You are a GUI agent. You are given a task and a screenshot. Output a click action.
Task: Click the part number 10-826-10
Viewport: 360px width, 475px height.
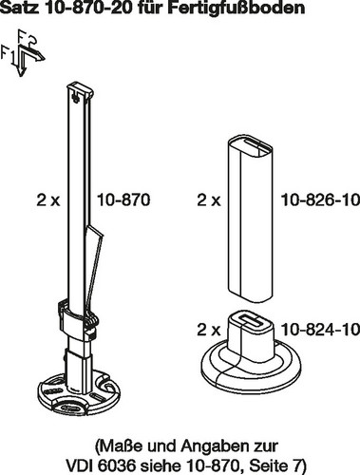coord(320,200)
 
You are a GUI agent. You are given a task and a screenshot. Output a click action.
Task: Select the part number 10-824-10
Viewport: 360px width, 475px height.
coord(320,330)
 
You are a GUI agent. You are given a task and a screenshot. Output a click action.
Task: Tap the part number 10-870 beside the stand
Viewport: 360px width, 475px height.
coord(123,200)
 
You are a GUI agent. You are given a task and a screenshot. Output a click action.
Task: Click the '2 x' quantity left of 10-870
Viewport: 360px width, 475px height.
coord(48,200)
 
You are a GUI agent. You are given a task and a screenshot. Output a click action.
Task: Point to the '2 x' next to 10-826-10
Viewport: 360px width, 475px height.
coord(209,200)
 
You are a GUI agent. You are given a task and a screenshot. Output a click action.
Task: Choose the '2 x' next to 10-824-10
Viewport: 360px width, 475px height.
coord(209,330)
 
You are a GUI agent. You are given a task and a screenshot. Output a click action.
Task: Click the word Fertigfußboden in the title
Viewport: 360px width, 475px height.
coord(237,9)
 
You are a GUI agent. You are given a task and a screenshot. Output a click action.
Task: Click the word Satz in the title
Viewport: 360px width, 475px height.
coord(21,8)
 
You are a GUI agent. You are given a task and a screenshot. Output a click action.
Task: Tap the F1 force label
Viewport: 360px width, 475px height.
coord(8,54)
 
